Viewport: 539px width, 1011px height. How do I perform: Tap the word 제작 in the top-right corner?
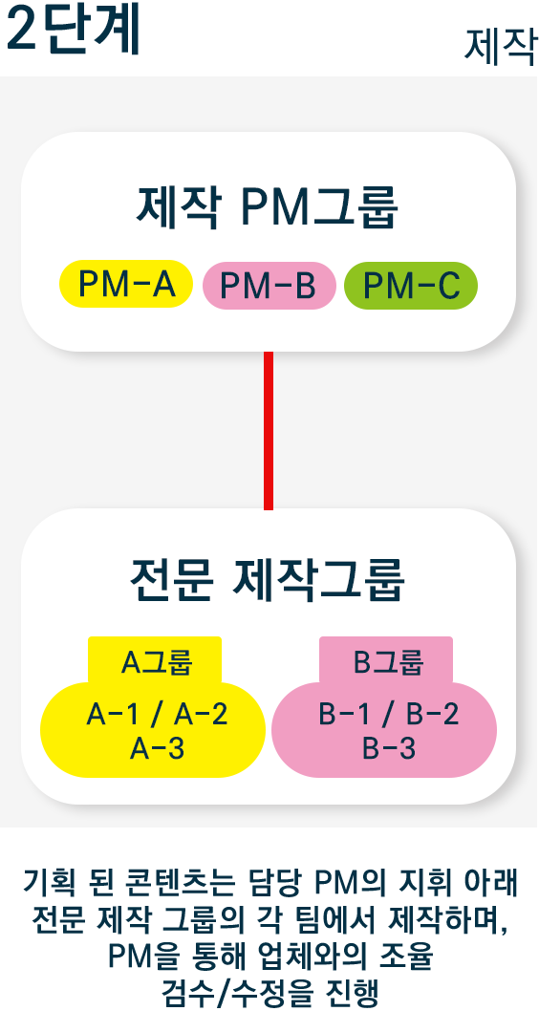pos(501,47)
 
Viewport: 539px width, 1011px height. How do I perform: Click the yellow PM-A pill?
pos(126,284)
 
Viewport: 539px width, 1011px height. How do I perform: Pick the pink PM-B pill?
pos(269,287)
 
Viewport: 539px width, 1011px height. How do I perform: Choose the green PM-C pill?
pos(411,286)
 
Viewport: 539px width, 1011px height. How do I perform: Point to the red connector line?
pos(269,430)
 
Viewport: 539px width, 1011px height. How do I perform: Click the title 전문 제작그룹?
pos(268,582)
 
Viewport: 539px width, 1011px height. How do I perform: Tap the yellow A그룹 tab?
pos(155,661)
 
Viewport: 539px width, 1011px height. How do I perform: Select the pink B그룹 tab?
pos(386,661)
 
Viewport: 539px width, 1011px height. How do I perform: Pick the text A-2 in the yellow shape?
pos(199,715)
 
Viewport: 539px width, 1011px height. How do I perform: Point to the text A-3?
pos(158,748)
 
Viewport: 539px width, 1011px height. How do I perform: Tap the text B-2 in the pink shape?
pos(432,715)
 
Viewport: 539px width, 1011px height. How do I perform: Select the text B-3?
pos(389,748)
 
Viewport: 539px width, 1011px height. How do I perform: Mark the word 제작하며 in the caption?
pos(450,916)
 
